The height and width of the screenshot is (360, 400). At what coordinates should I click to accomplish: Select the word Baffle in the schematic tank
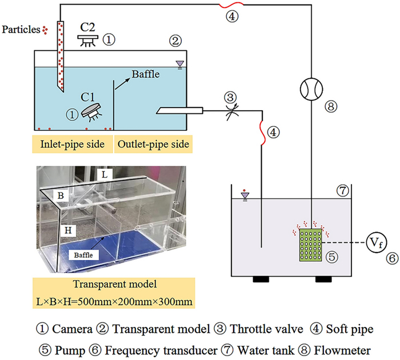tap(146, 74)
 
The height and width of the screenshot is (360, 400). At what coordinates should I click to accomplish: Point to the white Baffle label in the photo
tap(80, 253)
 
